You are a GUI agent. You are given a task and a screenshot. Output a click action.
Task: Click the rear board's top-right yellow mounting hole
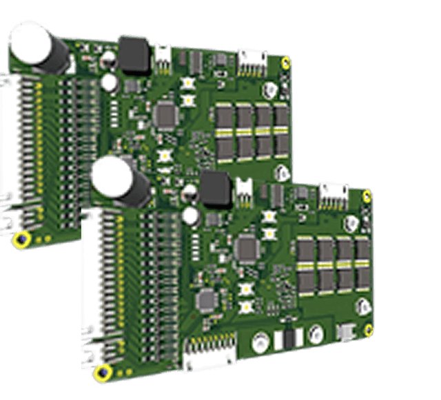[287, 63]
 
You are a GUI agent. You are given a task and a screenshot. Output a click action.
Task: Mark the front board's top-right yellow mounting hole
[367, 198]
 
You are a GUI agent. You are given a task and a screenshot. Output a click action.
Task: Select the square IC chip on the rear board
[166, 114]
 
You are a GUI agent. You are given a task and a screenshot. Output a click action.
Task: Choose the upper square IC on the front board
[246, 248]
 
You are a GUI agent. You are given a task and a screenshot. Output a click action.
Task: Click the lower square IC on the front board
[205, 299]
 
